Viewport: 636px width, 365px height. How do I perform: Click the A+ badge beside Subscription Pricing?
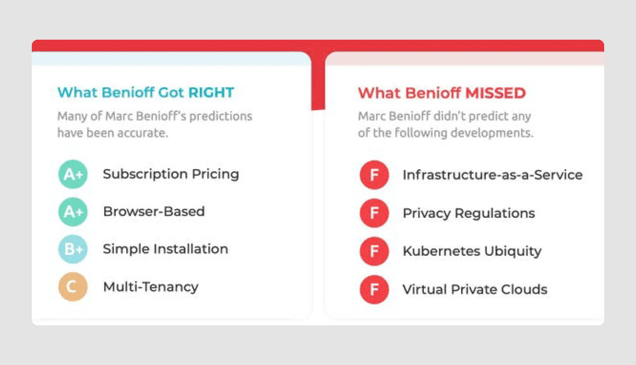click(x=73, y=174)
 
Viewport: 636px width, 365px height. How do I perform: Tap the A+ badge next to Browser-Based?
click(x=73, y=212)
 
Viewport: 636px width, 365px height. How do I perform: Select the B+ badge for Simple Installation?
click(x=73, y=249)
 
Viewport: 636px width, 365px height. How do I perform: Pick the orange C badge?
click(x=73, y=287)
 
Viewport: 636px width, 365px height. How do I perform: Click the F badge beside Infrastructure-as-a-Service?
click(x=374, y=175)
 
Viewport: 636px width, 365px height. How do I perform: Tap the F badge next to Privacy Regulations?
click(x=374, y=213)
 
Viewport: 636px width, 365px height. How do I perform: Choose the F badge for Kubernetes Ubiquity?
click(x=374, y=251)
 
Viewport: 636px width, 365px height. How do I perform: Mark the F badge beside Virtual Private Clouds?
click(x=374, y=290)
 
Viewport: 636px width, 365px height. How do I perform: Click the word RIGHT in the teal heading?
click(x=211, y=92)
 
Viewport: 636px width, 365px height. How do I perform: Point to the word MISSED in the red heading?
click(x=495, y=93)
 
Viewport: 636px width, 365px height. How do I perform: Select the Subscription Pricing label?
click(x=171, y=174)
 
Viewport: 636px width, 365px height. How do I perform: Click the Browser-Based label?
click(x=154, y=212)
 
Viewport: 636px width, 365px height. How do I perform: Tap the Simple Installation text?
click(x=165, y=249)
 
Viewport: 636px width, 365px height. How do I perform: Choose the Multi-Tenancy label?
click(x=151, y=287)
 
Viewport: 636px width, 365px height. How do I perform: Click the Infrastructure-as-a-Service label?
click(x=493, y=175)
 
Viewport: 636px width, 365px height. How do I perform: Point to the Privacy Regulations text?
click(x=469, y=213)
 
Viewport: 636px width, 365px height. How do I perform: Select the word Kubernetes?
click(x=442, y=251)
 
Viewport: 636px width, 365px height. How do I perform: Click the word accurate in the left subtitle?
click(x=142, y=133)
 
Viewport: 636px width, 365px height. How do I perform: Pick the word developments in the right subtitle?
click(x=492, y=133)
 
